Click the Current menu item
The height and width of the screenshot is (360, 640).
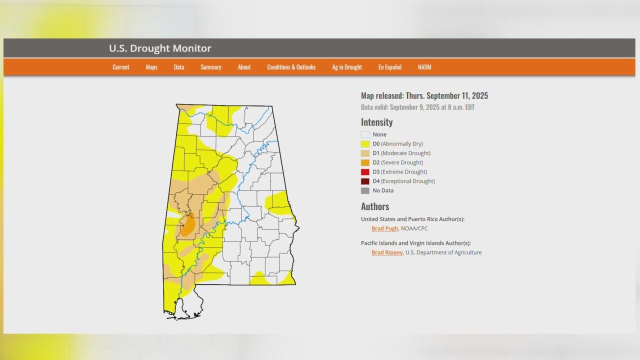click(x=120, y=67)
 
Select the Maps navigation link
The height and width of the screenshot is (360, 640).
click(x=151, y=67)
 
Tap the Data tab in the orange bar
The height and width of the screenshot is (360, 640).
click(x=179, y=67)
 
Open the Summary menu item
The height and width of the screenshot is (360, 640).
click(x=210, y=67)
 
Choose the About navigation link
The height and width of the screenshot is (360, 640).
click(x=244, y=67)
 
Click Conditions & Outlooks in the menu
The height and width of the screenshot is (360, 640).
click(x=291, y=67)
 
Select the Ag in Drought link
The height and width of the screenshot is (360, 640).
click(x=347, y=67)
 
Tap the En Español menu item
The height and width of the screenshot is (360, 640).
click(x=389, y=67)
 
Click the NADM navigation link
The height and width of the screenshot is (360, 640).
click(x=424, y=67)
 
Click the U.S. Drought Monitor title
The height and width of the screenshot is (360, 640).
click(x=160, y=48)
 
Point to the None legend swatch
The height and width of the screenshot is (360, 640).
click(x=365, y=134)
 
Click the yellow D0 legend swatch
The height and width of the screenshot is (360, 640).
click(x=365, y=144)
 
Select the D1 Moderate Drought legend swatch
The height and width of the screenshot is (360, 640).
click(x=365, y=153)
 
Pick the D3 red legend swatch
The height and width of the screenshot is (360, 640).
click(x=365, y=172)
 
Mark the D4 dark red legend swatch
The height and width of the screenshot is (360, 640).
click(x=365, y=181)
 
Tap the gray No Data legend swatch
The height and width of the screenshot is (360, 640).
click(x=365, y=190)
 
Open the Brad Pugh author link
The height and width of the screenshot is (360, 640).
click(x=384, y=228)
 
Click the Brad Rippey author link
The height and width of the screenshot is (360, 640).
click(x=386, y=252)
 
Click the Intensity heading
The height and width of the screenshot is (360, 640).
click(x=376, y=122)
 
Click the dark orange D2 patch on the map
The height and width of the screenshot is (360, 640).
click(x=187, y=226)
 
